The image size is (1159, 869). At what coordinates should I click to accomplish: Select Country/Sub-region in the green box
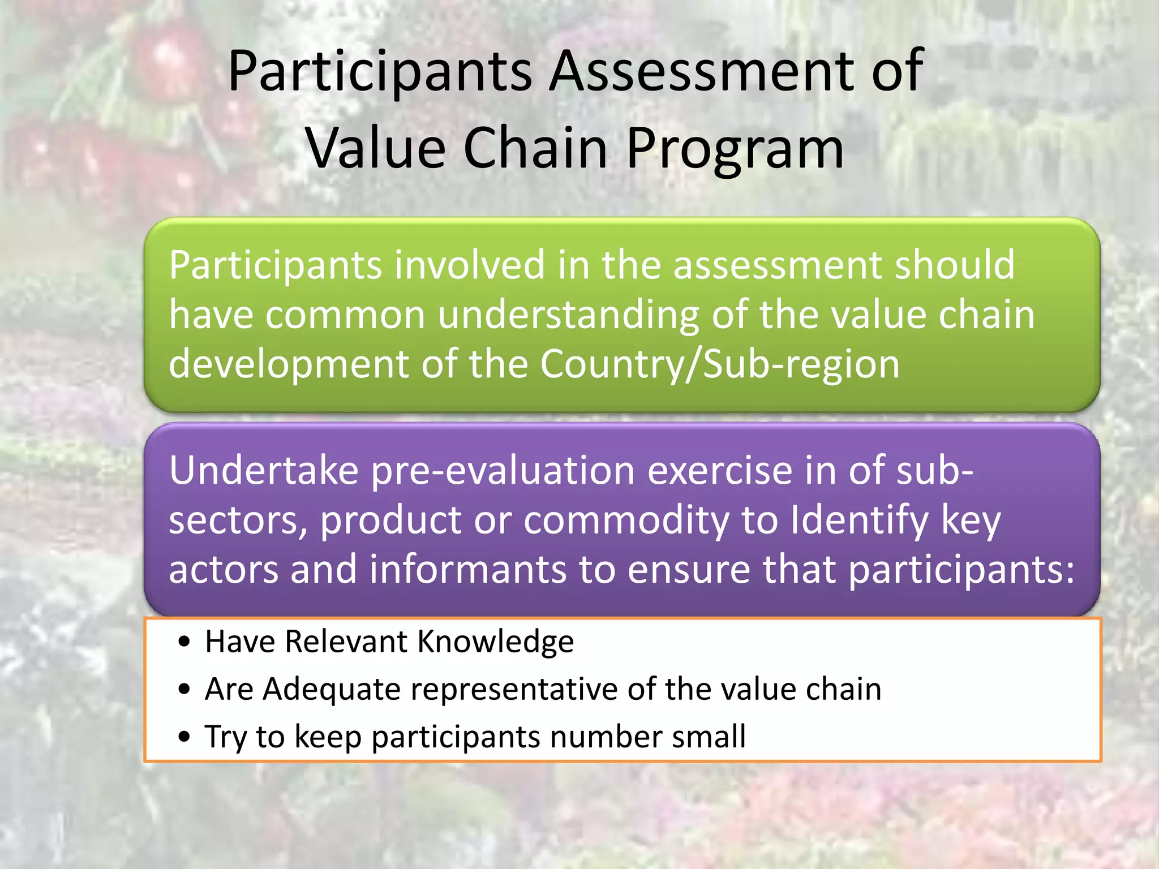click(719, 365)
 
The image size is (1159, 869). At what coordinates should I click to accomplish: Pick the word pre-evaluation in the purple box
click(503, 471)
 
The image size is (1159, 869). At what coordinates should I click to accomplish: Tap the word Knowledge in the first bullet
click(495, 642)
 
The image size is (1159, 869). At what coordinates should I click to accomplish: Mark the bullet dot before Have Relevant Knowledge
click(183, 643)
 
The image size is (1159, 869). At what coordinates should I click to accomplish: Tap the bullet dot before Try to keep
click(183, 738)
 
